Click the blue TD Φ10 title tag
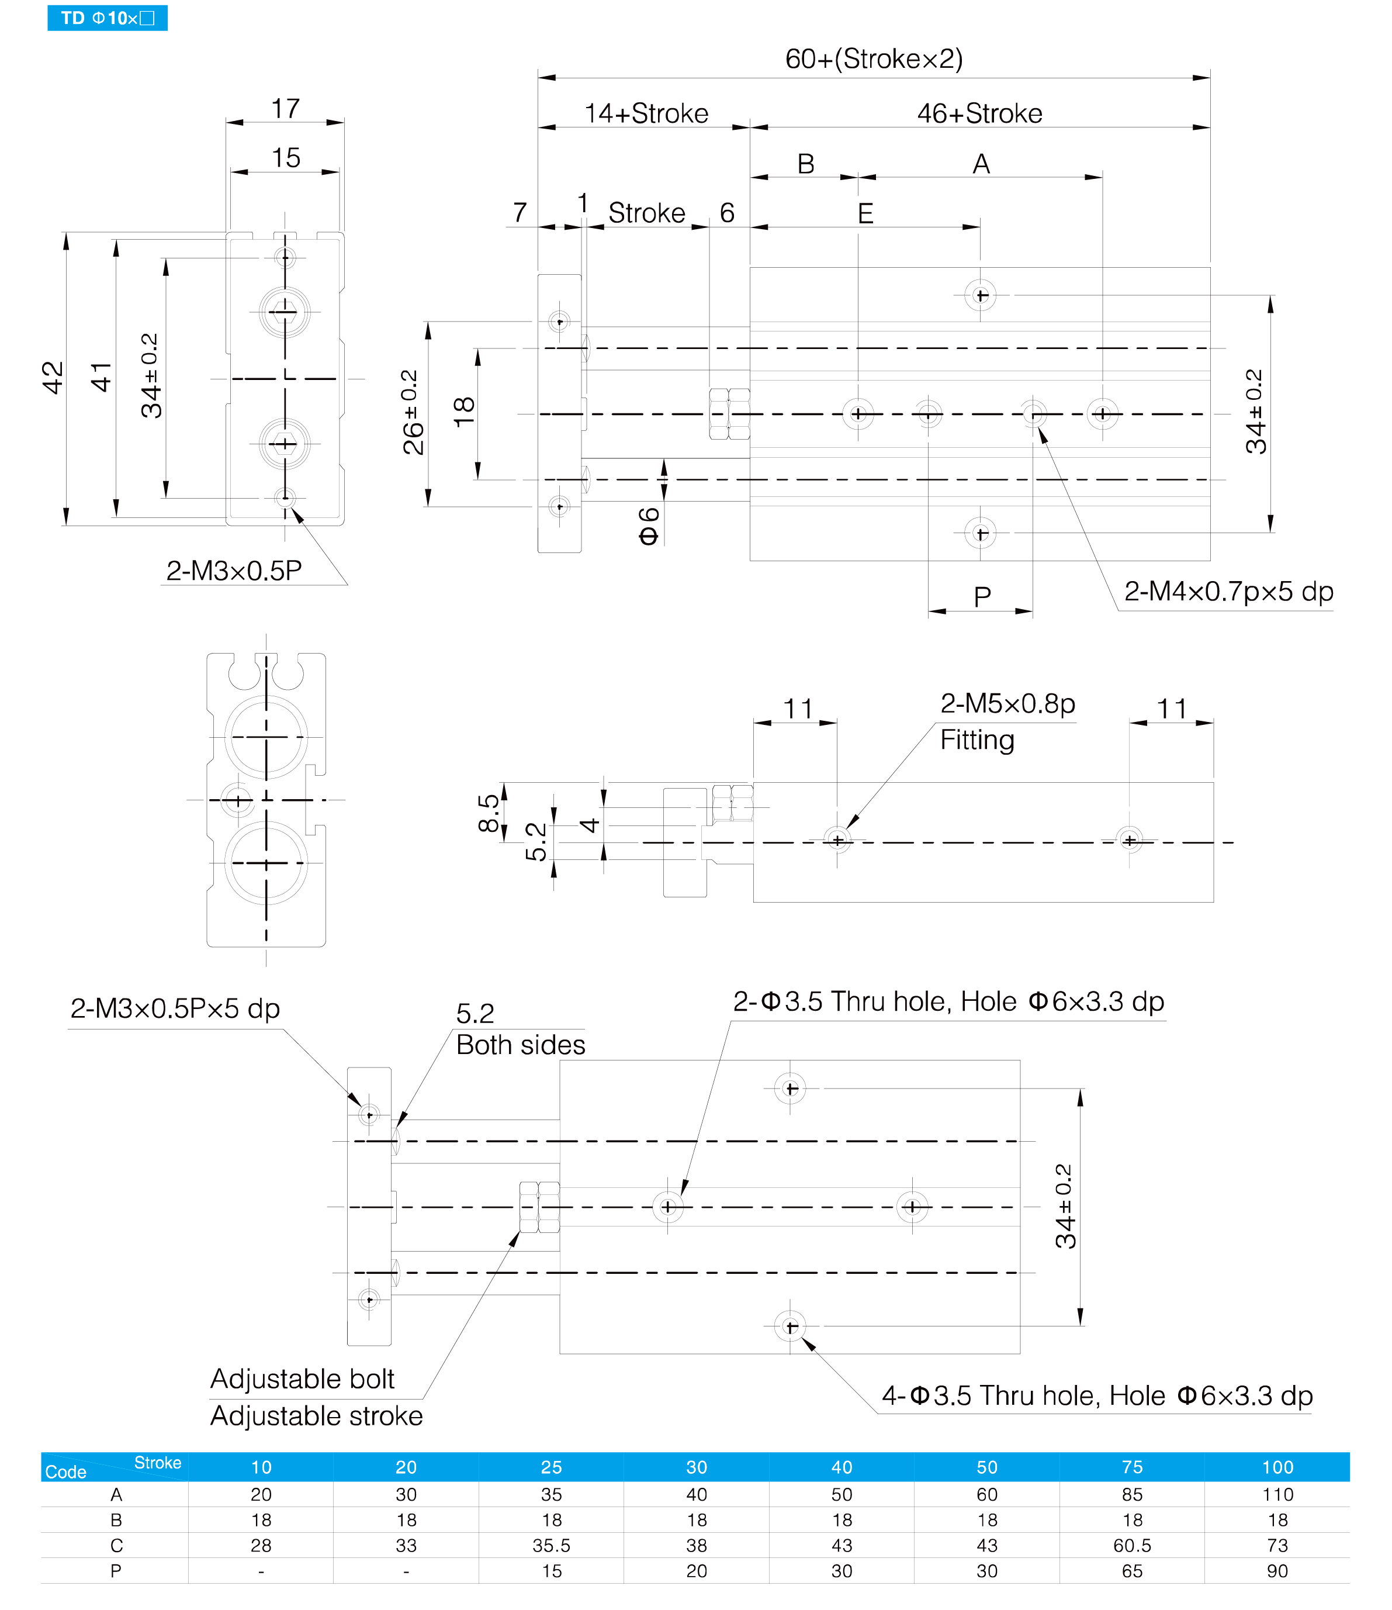tap(107, 18)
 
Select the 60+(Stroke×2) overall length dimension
tap(874, 59)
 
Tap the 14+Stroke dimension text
tap(646, 113)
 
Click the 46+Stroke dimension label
tap(979, 113)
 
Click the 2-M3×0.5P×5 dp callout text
tap(175, 1008)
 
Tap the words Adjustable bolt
tap(302, 1379)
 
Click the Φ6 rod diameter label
tap(649, 526)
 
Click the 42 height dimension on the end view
tap(52, 378)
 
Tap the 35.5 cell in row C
tap(552, 1546)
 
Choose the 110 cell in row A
tap(1278, 1494)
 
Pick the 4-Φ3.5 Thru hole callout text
tap(1097, 1395)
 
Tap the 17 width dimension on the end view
tap(285, 108)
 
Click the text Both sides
tap(521, 1045)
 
